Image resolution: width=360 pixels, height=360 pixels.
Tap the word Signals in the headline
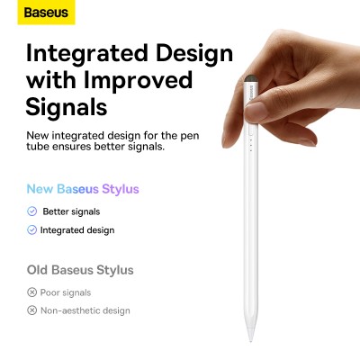[67, 107]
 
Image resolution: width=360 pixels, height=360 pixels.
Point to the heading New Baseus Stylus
[83, 190]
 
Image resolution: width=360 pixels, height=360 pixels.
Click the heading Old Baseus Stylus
[80, 269]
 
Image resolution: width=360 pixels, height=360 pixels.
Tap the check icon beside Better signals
[32, 211]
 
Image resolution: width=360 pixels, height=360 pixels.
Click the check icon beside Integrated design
[32, 230]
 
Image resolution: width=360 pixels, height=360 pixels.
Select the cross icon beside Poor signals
[32, 292]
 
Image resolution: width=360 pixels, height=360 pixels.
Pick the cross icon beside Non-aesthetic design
[32, 310]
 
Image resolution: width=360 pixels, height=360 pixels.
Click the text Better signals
[71, 211]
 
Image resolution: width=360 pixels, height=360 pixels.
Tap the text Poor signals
[66, 292]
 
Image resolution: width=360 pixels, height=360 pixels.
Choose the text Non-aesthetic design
[85, 310]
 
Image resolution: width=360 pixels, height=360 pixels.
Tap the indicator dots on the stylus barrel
[249, 143]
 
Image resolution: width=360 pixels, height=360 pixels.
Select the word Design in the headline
[194, 52]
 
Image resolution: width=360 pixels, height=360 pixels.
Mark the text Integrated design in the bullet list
[77, 230]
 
